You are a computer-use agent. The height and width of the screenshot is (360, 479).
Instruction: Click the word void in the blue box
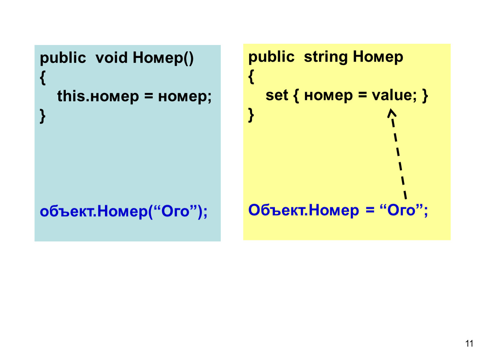pos(111,57)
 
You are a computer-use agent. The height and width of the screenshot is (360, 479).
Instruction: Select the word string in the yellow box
pos(326,57)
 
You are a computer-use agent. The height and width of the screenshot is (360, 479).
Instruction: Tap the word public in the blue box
pos(63,58)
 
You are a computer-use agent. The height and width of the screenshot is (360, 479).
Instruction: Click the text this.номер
pos(98,97)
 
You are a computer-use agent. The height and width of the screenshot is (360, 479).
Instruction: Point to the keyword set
pos(277,95)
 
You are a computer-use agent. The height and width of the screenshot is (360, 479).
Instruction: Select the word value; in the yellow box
pos(394,95)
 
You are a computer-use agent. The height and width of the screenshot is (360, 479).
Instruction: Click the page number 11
pos(469,343)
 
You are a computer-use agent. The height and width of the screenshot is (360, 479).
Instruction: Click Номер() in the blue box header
pos(163,58)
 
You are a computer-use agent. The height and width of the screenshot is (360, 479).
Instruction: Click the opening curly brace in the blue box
pos(43,77)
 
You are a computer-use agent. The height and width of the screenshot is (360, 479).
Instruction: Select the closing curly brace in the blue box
pos(43,116)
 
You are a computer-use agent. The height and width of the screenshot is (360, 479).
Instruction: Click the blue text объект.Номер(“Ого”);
pos(124,211)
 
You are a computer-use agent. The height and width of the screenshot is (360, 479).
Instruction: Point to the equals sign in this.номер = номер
pos(148,96)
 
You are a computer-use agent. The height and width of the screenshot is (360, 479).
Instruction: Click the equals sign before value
pos(362,95)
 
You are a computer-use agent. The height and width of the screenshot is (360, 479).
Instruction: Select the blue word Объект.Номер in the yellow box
pos(303,210)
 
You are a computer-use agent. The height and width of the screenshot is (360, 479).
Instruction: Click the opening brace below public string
pos(251,76)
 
